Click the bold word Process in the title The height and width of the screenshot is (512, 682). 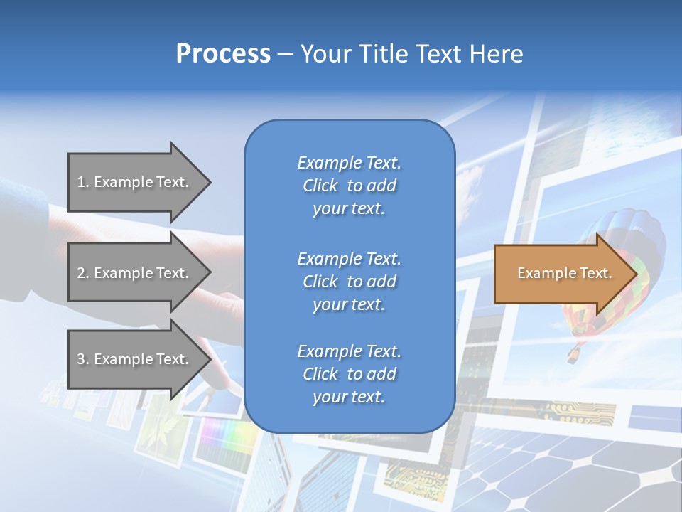pyautogui.click(x=223, y=54)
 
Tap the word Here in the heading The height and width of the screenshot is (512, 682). pyautogui.click(x=495, y=54)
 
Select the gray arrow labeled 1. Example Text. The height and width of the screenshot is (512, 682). pyautogui.click(x=135, y=182)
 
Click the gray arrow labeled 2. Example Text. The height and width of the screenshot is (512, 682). pyautogui.click(x=135, y=273)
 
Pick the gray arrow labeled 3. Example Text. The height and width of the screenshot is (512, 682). pyautogui.click(x=135, y=359)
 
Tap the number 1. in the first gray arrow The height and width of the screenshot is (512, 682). pyautogui.click(x=83, y=182)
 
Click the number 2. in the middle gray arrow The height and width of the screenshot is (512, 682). pyautogui.click(x=83, y=273)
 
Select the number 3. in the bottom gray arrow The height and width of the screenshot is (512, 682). pyautogui.click(x=83, y=359)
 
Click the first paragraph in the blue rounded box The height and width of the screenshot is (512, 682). pyautogui.click(x=349, y=186)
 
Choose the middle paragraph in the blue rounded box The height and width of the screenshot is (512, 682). pyautogui.click(x=349, y=282)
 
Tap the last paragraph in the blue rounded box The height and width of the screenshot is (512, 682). pyautogui.click(x=349, y=374)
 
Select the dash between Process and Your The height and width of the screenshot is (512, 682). pyautogui.click(x=285, y=55)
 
